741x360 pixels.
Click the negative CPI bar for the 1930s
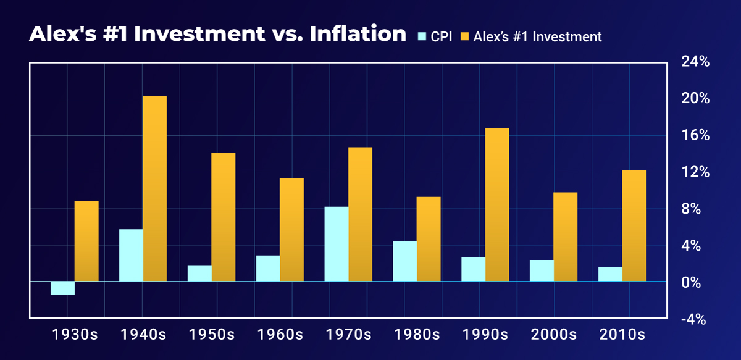[x=62, y=288]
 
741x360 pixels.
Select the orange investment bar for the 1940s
[x=155, y=189]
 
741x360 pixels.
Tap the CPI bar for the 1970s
[x=337, y=244]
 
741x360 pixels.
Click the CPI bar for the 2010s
[x=610, y=274]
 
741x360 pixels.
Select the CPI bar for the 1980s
[x=404, y=261]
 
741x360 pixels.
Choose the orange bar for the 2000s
[x=565, y=237]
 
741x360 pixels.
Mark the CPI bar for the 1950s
[x=199, y=273]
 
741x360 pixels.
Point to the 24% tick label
[x=695, y=62]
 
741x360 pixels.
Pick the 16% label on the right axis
[x=695, y=135]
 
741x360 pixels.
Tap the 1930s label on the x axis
[x=74, y=335]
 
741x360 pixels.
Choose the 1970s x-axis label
[x=348, y=335]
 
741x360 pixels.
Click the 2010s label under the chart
[x=622, y=335]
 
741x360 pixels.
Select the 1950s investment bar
[x=223, y=217]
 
